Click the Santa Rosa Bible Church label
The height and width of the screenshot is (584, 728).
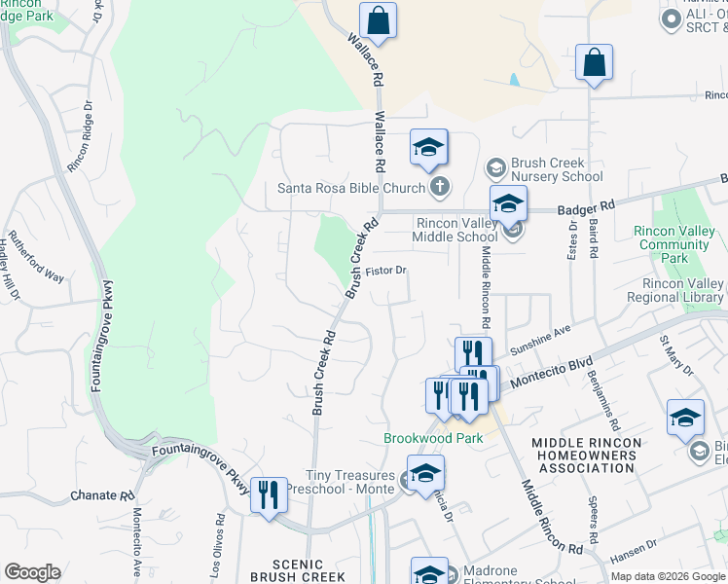tap(351, 188)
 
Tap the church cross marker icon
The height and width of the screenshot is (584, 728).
tap(440, 187)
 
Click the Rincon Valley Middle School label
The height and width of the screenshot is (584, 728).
tap(455, 230)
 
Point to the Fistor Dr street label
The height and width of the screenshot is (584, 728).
tap(385, 272)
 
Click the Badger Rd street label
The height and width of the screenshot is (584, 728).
tap(587, 207)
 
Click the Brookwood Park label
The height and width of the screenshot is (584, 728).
tap(433, 439)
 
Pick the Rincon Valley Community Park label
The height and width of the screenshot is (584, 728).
tap(673, 244)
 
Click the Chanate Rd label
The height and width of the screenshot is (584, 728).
tap(102, 496)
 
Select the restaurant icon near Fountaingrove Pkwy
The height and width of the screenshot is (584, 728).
tap(269, 494)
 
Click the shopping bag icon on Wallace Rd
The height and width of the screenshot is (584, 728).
tap(378, 20)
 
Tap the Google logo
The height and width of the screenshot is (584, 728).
tap(32, 572)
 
